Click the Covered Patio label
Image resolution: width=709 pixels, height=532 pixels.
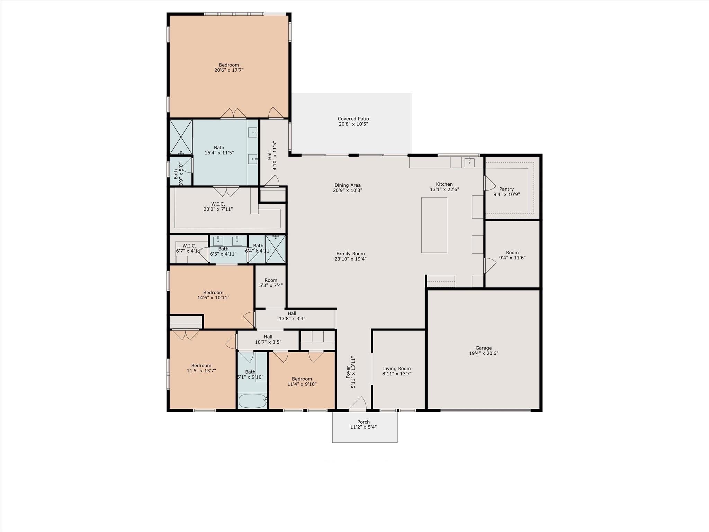(x=353, y=119)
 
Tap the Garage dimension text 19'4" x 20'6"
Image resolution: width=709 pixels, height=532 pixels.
(x=483, y=353)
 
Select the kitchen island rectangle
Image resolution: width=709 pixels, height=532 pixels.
(x=434, y=225)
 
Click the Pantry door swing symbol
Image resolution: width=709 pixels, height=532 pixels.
(x=489, y=183)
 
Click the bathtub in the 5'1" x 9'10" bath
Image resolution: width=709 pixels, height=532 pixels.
(x=252, y=401)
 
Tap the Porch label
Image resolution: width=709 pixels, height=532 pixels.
(x=363, y=422)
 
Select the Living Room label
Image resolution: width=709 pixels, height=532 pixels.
(x=397, y=369)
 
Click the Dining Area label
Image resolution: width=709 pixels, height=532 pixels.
(x=347, y=185)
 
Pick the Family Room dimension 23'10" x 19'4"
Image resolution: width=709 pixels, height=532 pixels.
(x=350, y=259)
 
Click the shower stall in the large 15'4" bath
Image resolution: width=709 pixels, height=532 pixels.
(x=180, y=137)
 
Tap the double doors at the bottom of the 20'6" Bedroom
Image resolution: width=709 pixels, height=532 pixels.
(x=233, y=114)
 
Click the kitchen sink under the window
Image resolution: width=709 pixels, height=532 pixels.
(x=469, y=162)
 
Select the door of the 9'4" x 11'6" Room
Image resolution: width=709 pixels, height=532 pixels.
(x=489, y=266)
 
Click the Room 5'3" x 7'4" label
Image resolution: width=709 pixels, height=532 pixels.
(x=271, y=280)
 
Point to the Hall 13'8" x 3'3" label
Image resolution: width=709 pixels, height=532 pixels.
(x=291, y=313)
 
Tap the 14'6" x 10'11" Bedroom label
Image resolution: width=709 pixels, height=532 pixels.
(x=213, y=293)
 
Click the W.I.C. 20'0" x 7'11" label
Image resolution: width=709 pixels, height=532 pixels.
(x=218, y=204)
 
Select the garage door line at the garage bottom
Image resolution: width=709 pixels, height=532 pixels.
(x=485, y=410)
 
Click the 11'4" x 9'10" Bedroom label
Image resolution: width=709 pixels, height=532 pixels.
(x=302, y=379)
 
